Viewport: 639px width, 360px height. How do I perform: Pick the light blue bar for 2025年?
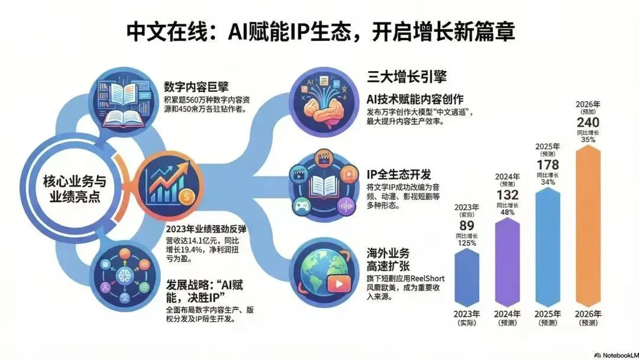point(551,249)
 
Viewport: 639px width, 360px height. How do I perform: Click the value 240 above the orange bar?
point(592,122)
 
